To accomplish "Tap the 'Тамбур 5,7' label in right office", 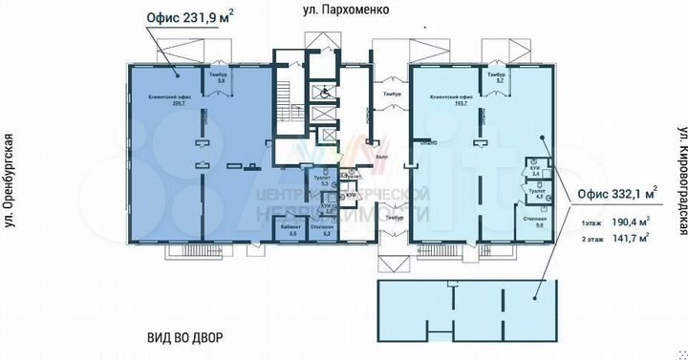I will click(x=495, y=77).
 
